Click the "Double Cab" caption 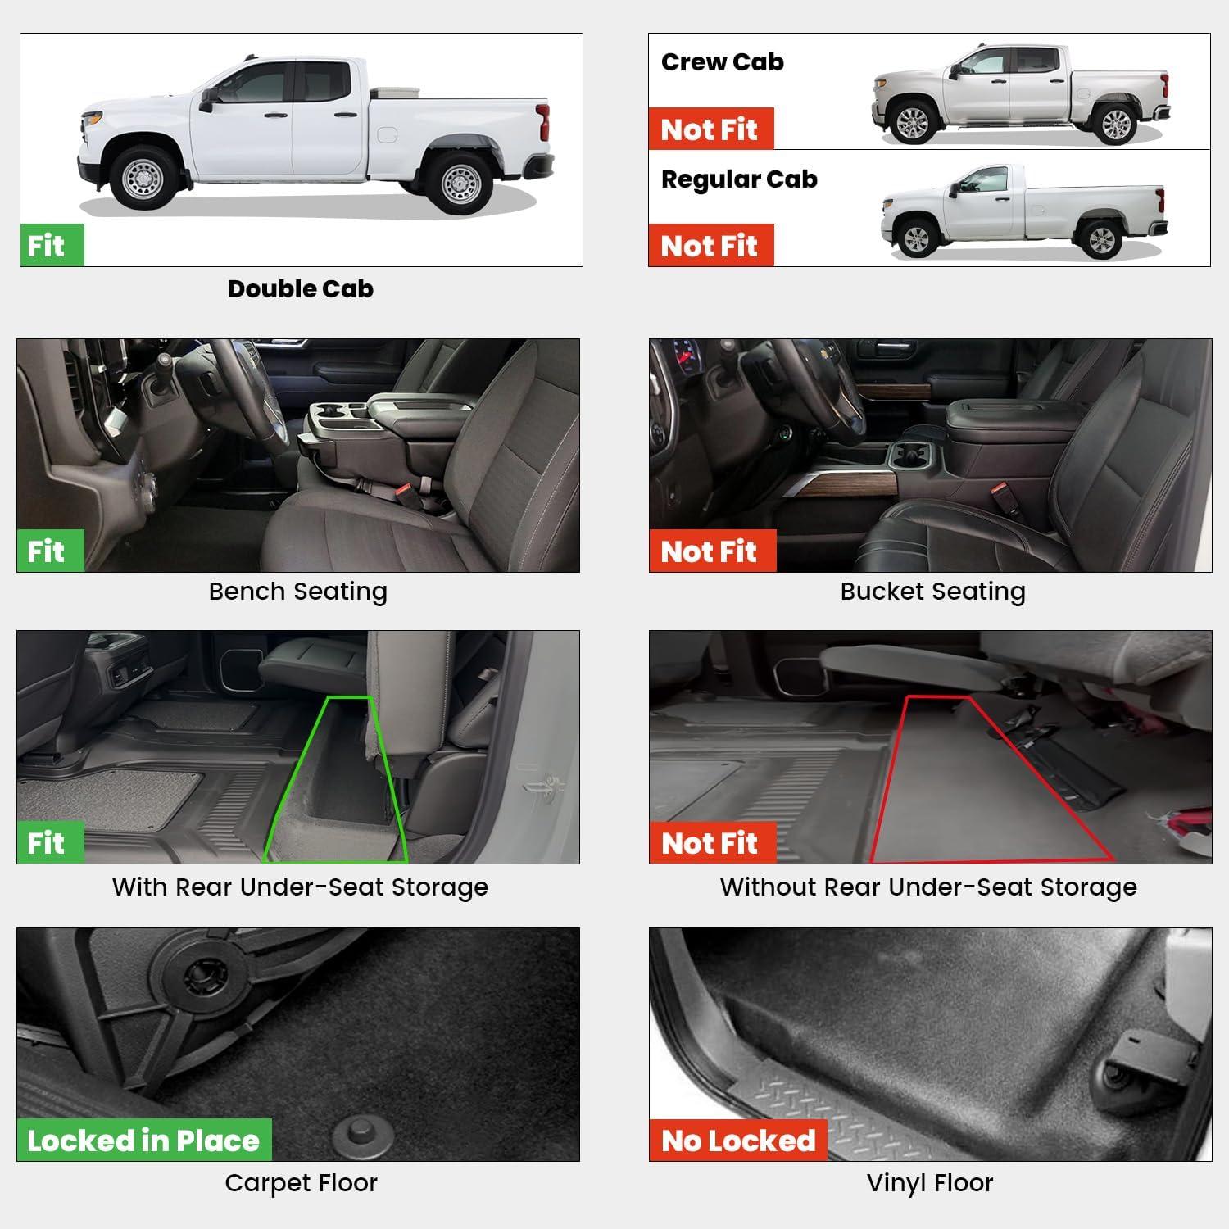click(x=301, y=288)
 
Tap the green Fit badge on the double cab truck click(x=52, y=245)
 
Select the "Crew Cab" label click(x=722, y=61)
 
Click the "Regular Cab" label click(x=739, y=179)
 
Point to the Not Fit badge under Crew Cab click(x=711, y=129)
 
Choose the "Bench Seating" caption click(x=298, y=591)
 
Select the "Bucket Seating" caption click(x=932, y=591)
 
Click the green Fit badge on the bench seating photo click(x=50, y=551)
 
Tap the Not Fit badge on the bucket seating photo click(x=713, y=551)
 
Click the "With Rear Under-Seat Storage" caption click(x=300, y=887)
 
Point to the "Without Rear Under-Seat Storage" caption click(x=928, y=887)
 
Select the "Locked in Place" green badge click(x=144, y=1140)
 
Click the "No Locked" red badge click(x=738, y=1140)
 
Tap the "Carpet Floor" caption click(x=301, y=1182)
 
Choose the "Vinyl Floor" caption click(x=930, y=1182)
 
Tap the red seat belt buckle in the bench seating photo click(x=405, y=493)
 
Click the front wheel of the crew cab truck click(x=912, y=122)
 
